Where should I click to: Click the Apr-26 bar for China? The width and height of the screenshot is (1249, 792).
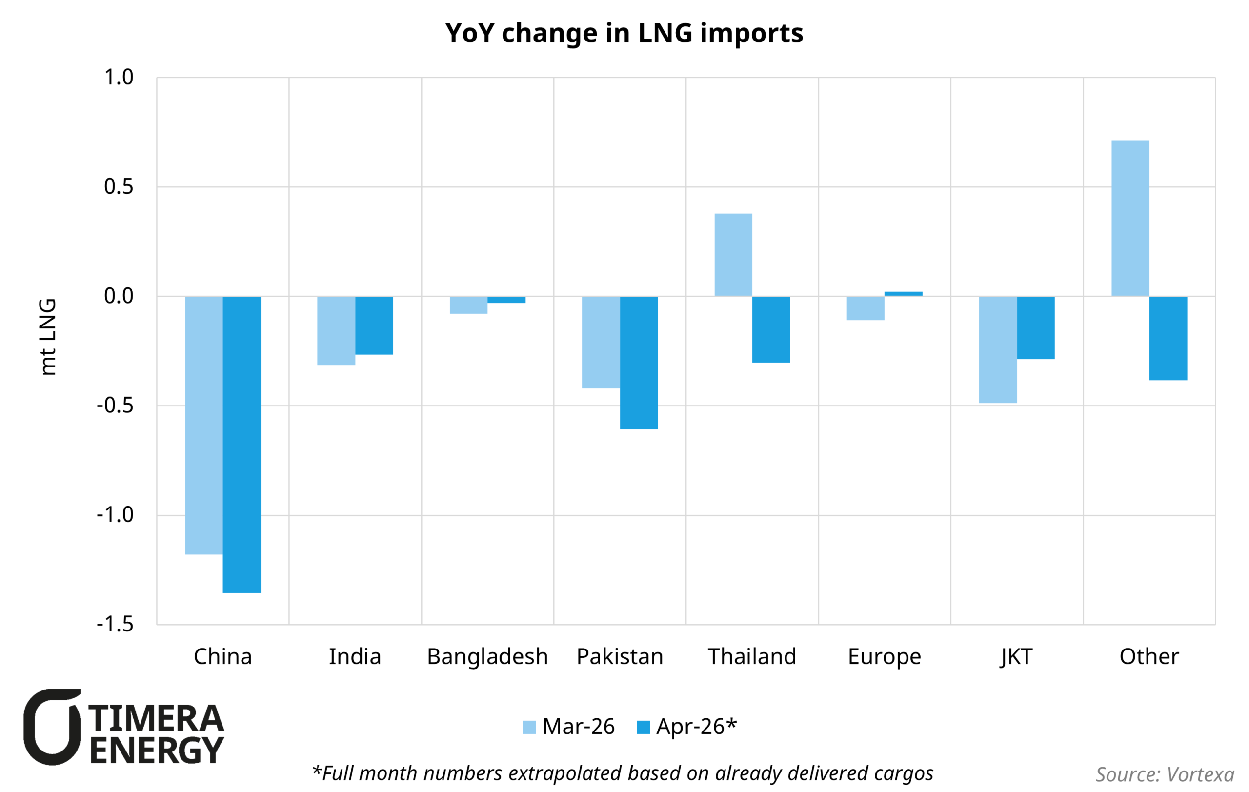click(x=242, y=444)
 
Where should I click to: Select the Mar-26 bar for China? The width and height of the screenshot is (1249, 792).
click(x=204, y=426)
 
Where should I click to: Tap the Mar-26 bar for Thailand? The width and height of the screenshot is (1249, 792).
click(x=733, y=255)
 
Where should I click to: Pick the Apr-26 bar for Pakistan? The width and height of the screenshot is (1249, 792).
click(x=639, y=363)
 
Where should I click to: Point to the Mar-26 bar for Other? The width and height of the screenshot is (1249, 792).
click(x=1130, y=218)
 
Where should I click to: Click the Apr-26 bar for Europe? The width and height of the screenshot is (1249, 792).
click(x=903, y=294)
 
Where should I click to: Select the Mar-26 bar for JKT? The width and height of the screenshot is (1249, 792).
click(x=997, y=349)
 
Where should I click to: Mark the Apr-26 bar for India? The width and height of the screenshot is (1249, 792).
click(x=374, y=325)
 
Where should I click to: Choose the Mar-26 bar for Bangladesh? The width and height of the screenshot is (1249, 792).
click(x=468, y=305)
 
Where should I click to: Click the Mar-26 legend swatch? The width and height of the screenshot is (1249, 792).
click(x=529, y=727)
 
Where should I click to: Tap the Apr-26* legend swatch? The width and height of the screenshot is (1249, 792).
click(x=643, y=727)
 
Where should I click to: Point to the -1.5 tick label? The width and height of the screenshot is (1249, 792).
click(x=115, y=624)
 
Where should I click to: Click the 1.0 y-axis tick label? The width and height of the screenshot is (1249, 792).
click(x=119, y=77)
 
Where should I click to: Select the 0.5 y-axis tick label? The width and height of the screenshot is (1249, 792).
click(x=119, y=187)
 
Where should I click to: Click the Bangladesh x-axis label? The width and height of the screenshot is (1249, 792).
click(x=487, y=657)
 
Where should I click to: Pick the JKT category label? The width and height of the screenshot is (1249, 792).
click(x=1017, y=657)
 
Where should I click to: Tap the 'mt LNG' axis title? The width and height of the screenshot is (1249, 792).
click(x=48, y=337)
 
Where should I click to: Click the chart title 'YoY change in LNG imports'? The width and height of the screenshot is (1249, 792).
click(x=624, y=33)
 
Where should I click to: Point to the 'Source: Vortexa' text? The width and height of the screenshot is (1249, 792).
click(x=1165, y=774)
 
